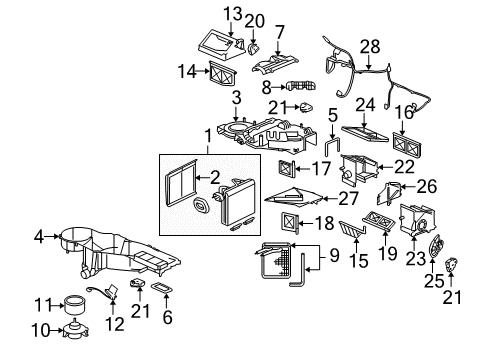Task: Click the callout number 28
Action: pyautogui.click(x=371, y=47)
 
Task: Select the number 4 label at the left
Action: pyautogui.click(x=39, y=237)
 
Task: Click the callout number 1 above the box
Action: pyautogui.click(x=208, y=134)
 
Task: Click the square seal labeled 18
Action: pyautogui.click(x=290, y=225)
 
